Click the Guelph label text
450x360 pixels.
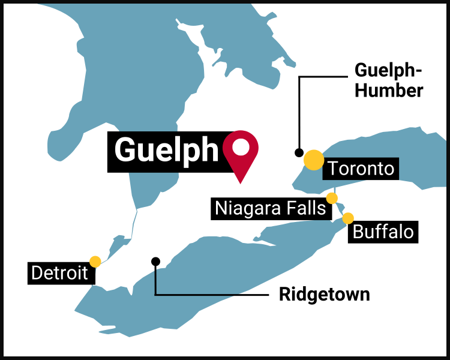(166, 150)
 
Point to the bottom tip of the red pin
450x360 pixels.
(241, 182)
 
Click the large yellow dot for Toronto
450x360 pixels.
(313, 160)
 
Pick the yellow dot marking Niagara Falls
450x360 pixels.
(332, 198)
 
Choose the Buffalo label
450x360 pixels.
(383, 232)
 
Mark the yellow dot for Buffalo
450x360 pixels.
(348, 218)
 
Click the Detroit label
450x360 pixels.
(59, 274)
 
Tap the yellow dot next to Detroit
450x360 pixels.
(95, 261)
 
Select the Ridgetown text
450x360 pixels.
(325, 295)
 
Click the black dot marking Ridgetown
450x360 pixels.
(155, 261)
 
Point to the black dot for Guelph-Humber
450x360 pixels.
(299, 152)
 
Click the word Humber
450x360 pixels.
(389, 90)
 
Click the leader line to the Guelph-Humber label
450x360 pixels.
(324, 77)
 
